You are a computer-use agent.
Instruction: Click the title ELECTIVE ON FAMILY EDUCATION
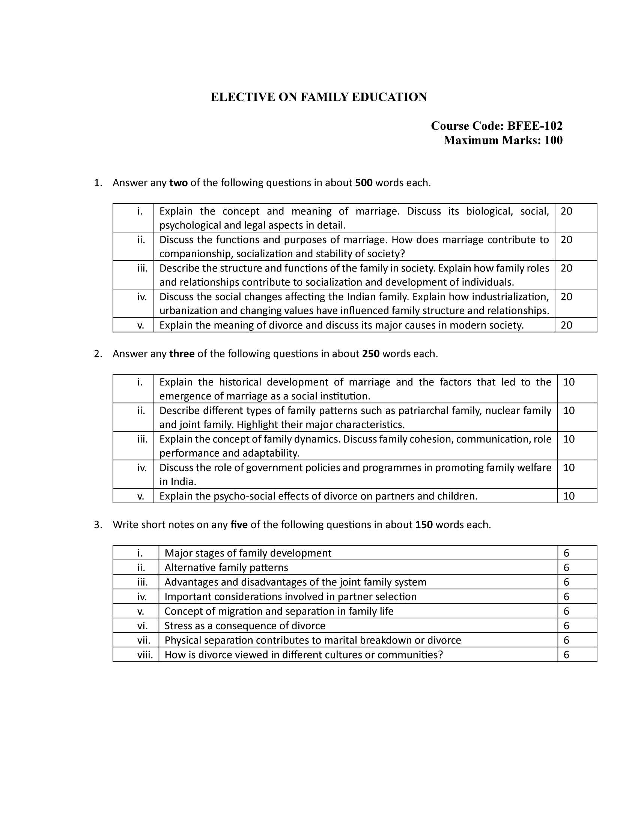(x=319, y=97)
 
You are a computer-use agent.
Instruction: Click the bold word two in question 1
(x=178, y=183)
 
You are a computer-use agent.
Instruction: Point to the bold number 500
(x=364, y=183)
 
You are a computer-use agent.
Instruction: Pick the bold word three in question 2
(x=182, y=354)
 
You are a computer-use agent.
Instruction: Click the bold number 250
(x=370, y=354)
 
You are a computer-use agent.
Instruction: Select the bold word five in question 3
(x=239, y=525)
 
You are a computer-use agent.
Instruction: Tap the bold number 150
(x=424, y=525)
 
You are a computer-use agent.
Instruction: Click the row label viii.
(x=145, y=655)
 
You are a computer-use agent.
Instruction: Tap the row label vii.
(x=144, y=640)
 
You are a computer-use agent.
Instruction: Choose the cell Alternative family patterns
(x=226, y=568)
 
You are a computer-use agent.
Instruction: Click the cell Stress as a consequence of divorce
(x=245, y=626)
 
